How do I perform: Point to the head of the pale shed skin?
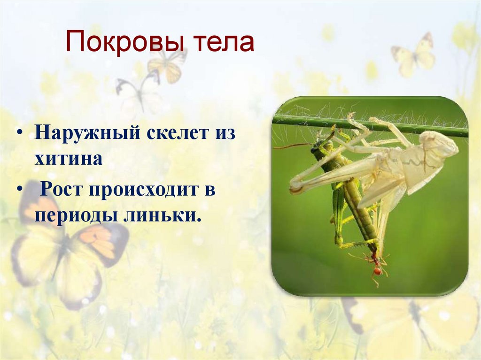point(439,143)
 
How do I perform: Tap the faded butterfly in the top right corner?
point(414,55)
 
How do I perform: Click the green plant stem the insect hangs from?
point(301,120)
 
